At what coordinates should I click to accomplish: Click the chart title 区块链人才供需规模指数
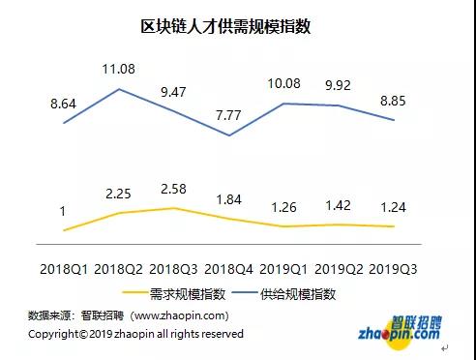(225, 26)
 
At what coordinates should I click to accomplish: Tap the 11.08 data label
(118, 69)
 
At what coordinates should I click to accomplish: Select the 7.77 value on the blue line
(228, 115)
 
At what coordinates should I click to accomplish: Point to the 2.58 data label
(173, 189)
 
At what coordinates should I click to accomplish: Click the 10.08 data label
(283, 83)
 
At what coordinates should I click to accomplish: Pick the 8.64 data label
(63, 104)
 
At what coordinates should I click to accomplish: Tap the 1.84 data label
(228, 199)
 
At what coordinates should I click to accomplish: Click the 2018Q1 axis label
(64, 269)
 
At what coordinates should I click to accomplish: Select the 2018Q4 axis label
(228, 269)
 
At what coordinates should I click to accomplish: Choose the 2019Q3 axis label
(393, 269)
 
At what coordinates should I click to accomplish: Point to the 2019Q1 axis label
(283, 269)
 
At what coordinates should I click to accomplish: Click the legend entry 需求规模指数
(174, 294)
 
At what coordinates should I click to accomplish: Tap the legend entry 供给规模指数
(284, 294)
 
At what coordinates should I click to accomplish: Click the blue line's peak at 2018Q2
(119, 89)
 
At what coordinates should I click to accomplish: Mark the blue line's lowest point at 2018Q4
(229, 135)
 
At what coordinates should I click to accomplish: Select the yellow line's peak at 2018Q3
(174, 208)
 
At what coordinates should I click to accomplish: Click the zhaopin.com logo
(400, 331)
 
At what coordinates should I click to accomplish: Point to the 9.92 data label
(338, 85)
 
